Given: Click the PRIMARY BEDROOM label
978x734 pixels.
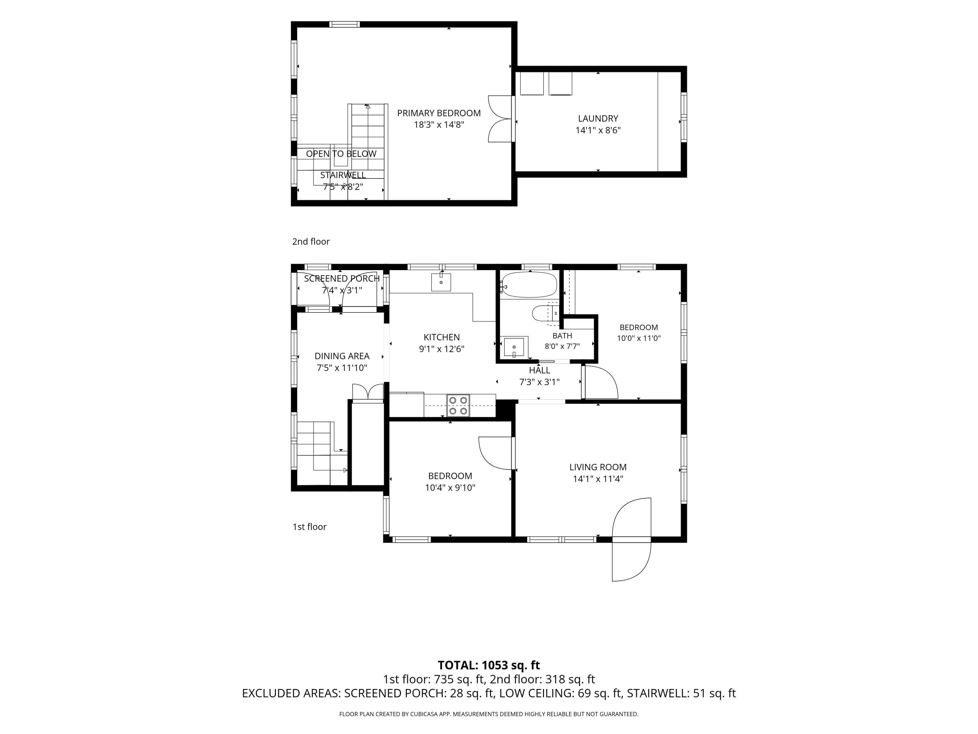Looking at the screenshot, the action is click(x=438, y=113).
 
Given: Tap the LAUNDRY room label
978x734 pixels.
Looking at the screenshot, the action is click(x=598, y=118).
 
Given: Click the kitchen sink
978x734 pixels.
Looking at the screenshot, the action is click(x=441, y=282).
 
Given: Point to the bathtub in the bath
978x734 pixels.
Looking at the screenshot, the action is click(x=529, y=285).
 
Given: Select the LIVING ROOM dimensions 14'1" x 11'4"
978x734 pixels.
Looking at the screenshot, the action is click(x=598, y=479).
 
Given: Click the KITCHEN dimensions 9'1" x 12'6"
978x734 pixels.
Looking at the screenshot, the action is click(x=442, y=349).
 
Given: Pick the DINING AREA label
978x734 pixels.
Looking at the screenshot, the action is click(x=342, y=356).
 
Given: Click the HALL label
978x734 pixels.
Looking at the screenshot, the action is click(x=540, y=370).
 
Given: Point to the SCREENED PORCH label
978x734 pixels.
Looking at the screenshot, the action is click(x=342, y=279).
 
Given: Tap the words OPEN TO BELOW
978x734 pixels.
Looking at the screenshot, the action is click(x=341, y=154).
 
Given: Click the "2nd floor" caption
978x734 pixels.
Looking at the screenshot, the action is click(x=311, y=242).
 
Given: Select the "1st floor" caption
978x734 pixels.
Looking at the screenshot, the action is click(x=309, y=527).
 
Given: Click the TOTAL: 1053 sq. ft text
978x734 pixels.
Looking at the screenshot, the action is click(x=489, y=665).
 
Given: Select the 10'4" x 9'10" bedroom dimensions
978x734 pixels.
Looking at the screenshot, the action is click(x=450, y=488).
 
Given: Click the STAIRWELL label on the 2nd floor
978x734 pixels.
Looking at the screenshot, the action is click(x=343, y=175).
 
